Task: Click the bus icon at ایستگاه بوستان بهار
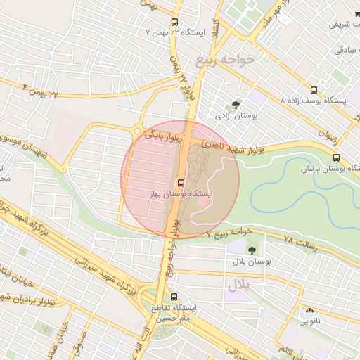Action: point(180,183)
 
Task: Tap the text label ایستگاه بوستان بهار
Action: point(180,194)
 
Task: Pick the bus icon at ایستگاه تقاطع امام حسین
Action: point(174,297)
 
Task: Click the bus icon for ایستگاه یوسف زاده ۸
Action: point(314,90)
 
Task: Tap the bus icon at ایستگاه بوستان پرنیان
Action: point(336,157)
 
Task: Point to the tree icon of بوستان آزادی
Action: point(235,103)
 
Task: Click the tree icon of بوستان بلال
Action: point(252,250)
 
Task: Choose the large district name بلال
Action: point(238,285)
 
